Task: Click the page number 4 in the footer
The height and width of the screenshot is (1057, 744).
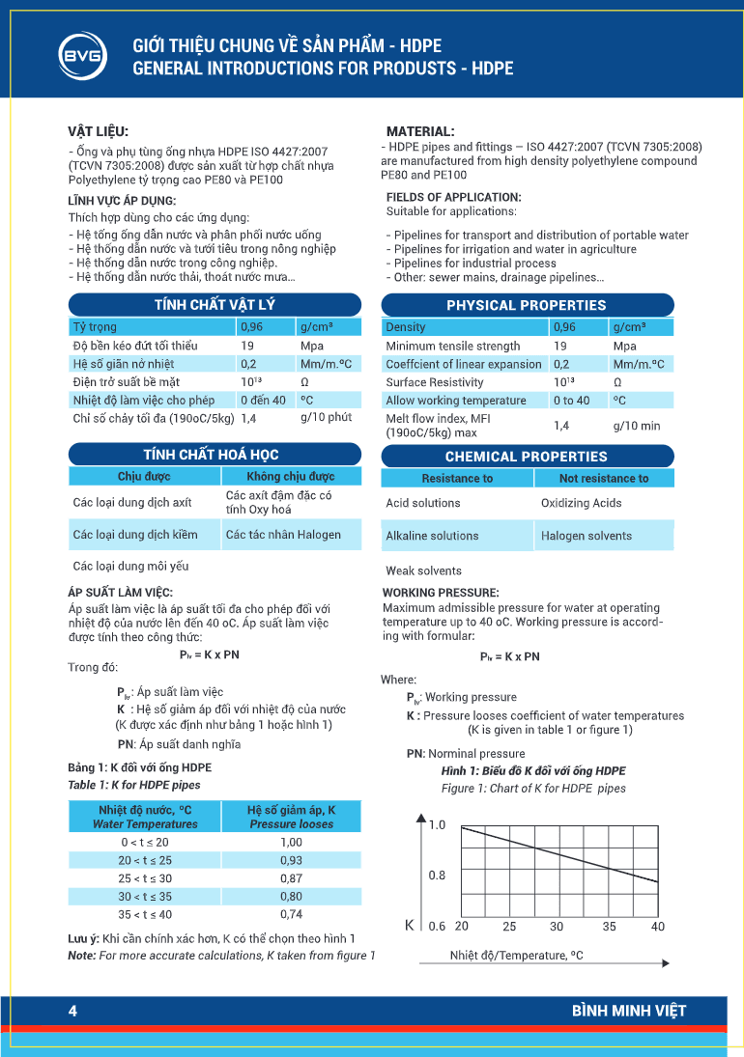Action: (72, 1011)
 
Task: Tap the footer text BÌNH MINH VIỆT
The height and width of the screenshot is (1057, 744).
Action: (628, 1011)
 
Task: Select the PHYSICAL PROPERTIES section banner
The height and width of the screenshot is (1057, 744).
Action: (527, 305)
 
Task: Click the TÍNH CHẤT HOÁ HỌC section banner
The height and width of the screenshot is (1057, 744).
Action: (215, 455)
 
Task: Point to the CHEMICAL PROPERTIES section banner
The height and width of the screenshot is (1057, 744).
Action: (527, 457)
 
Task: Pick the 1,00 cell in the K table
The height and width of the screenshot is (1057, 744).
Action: (291, 842)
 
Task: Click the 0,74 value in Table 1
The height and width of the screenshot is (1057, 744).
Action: (291, 914)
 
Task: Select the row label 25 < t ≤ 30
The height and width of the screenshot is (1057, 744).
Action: (145, 878)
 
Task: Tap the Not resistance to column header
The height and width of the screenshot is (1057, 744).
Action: (604, 479)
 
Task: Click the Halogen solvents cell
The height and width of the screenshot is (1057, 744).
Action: (587, 536)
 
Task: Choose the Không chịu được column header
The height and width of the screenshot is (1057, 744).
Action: (291, 477)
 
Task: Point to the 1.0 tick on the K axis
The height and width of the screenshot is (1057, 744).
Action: (437, 825)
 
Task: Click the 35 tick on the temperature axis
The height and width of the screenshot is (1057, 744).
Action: (610, 927)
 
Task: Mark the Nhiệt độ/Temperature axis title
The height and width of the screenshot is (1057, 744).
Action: (517, 956)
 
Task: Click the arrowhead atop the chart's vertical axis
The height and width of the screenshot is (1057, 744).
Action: (421, 819)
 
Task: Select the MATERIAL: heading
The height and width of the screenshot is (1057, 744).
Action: (420, 130)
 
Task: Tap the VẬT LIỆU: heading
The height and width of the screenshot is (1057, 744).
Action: (98, 130)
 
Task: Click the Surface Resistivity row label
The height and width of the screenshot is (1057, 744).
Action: (435, 382)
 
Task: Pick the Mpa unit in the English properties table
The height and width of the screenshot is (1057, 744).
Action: (625, 346)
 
